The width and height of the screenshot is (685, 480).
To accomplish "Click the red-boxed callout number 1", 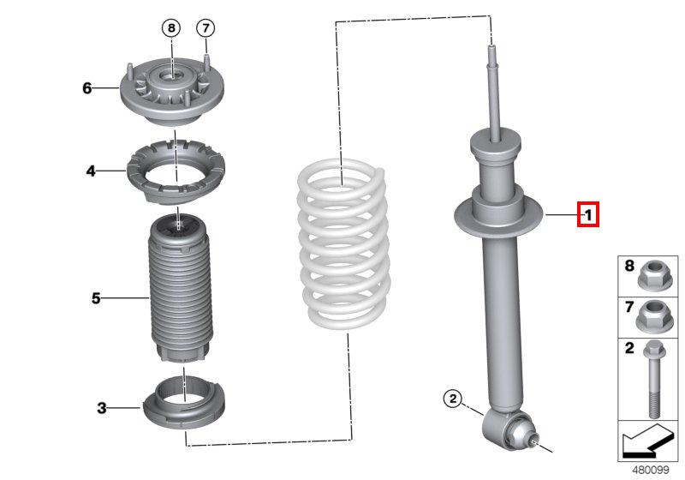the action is [587, 214].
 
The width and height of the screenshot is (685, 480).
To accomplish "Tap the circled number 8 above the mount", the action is [171, 28].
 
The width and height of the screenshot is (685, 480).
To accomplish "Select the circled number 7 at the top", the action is [205, 28].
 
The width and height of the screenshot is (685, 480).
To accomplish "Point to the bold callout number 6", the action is [87, 88].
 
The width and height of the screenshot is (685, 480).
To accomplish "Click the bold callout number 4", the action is [91, 171].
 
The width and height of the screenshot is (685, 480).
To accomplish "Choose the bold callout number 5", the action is [96, 298].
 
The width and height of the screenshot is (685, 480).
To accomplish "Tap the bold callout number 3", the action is [101, 408].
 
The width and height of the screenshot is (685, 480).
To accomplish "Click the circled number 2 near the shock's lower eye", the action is [453, 399].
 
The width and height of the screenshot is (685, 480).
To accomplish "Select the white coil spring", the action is [344, 243].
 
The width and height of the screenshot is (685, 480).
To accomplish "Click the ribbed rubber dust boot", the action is [180, 289].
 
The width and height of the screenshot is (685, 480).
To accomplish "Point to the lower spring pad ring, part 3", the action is [184, 403].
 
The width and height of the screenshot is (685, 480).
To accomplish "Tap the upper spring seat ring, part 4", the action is [176, 171].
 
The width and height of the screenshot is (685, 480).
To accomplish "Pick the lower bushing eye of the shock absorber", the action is [509, 429].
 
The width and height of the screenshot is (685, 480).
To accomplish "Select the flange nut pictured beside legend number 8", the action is [649, 274].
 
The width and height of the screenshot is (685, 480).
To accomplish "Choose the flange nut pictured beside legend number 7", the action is [649, 315].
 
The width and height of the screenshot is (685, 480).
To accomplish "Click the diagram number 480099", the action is [651, 470].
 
